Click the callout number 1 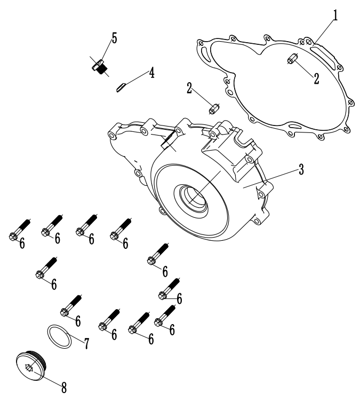tap(335, 15)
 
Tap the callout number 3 tap(301, 169)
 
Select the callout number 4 tap(152, 73)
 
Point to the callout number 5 tap(114, 38)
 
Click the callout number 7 tap(86, 343)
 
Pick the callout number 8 tap(64, 388)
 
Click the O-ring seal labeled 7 tap(59, 336)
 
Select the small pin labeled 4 tap(121, 87)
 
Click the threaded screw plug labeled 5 tap(100, 67)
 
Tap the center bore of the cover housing tap(194, 198)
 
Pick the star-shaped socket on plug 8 tap(29, 368)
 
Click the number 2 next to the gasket tap(316, 78)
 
